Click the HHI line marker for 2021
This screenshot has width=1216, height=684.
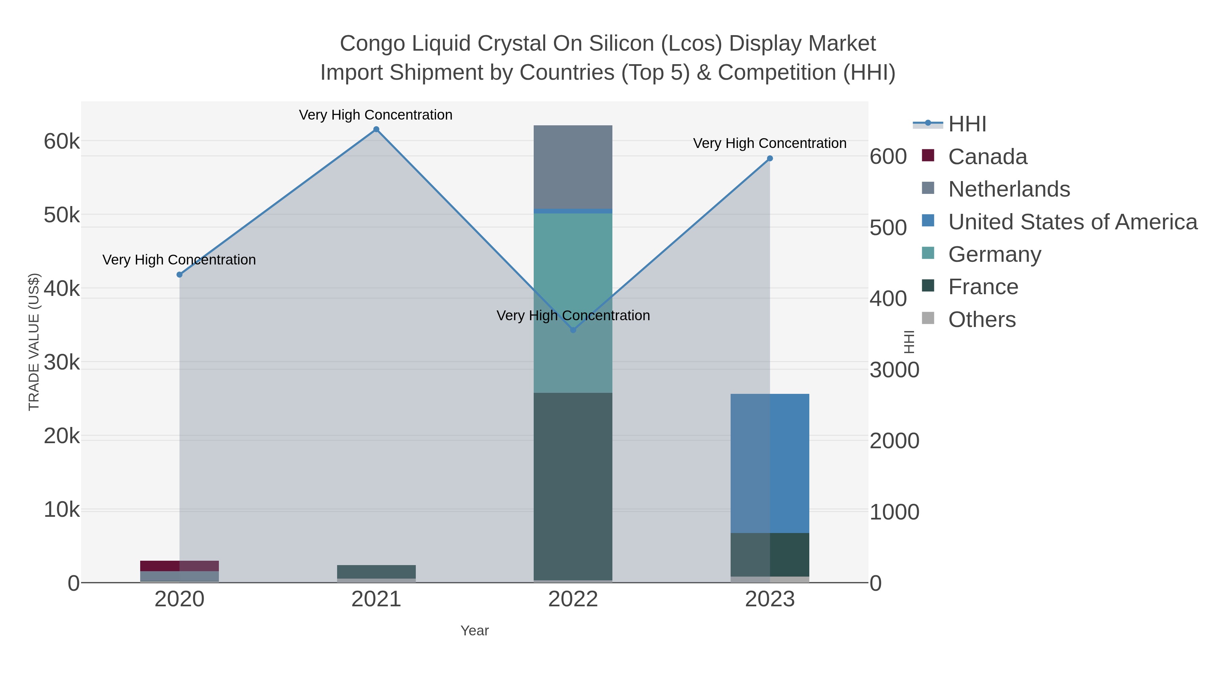pyautogui.click(x=376, y=129)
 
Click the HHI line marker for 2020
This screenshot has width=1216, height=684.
pyautogui.click(x=179, y=275)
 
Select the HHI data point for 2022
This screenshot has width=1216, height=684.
pyautogui.click(x=573, y=330)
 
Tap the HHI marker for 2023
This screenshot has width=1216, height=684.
pyautogui.click(x=770, y=159)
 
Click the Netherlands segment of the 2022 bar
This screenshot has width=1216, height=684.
pyautogui.click(x=573, y=167)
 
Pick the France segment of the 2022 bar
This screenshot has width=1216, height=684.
pyautogui.click(x=573, y=486)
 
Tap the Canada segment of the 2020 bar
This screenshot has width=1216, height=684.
pyautogui.click(x=160, y=565)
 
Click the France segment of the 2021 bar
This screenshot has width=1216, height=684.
pyautogui.click(x=376, y=572)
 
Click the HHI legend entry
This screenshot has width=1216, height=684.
pyautogui.click(x=967, y=124)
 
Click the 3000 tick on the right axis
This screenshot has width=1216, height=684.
pyautogui.click(x=894, y=370)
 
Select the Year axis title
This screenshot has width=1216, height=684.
pyautogui.click(x=475, y=631)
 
